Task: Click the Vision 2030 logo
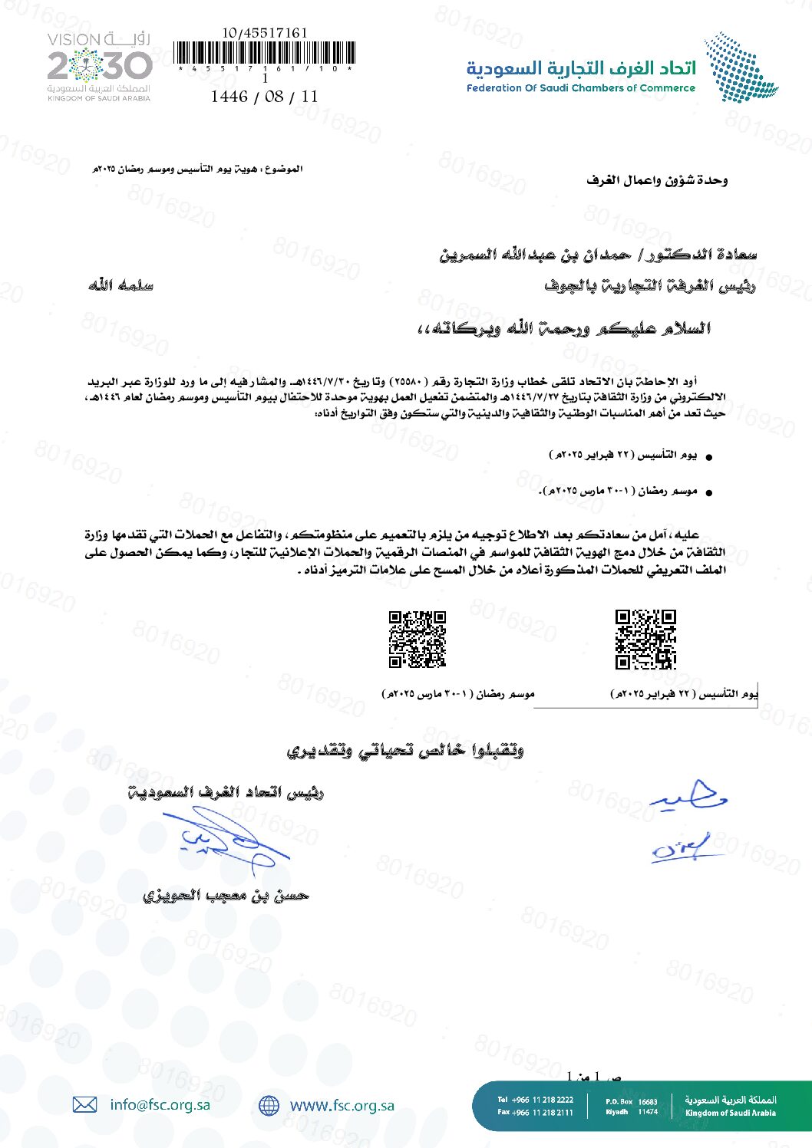point(99,67)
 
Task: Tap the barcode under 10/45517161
point(265,53)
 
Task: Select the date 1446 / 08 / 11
point(264,97)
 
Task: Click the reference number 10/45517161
point(265,33)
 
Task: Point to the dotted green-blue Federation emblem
point(740,67)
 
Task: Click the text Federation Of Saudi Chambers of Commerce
point(580,88)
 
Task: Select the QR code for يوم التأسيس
point(645,640)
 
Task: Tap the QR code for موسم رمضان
point(418,640)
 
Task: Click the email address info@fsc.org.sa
point(160,1104)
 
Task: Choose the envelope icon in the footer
point(84,1104)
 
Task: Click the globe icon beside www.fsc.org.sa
point(269,1105)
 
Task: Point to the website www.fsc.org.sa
point(342,1105)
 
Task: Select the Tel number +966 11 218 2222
point(535,1100)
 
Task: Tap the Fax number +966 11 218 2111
point(535,1112)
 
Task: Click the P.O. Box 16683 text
point(631,1101)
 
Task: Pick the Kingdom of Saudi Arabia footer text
point(730,1113)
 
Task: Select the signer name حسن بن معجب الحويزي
point(226,895)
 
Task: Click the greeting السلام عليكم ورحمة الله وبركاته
point(564,329)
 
